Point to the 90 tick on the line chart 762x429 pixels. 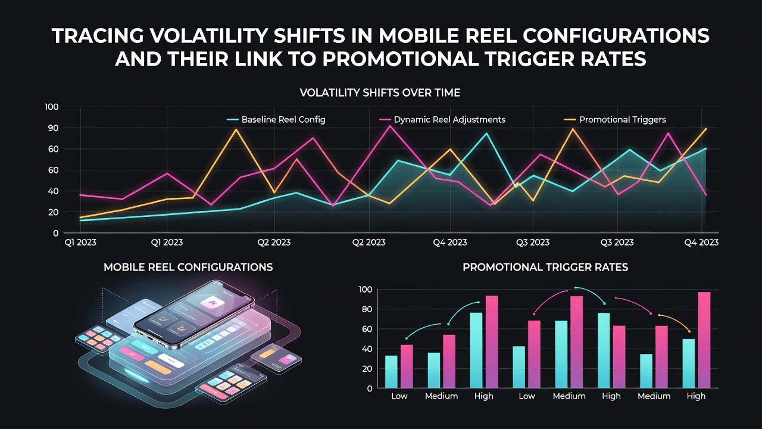coord(54,128)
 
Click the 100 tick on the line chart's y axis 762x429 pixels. coord(52,107)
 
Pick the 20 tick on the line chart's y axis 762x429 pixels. coord(54,212)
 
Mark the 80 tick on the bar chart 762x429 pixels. coord(367,309)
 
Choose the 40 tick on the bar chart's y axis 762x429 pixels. coord(367,349)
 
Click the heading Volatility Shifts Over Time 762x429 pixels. coord(380,92)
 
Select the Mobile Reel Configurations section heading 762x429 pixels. coord(188,267)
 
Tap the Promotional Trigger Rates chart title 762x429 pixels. coord(545,267)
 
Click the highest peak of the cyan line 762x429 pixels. coord(486,133)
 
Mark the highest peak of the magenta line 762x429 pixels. coord(390,126)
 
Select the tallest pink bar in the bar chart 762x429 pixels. coord(704,340)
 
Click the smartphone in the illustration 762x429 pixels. coord(194,315)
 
